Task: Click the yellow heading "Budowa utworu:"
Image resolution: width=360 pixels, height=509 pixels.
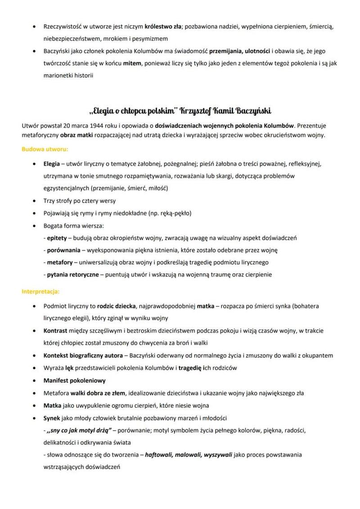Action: [45, 149]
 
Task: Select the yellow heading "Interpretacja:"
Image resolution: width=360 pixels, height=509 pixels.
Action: [40, 291]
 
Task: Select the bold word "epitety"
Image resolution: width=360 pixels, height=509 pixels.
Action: [57, 238]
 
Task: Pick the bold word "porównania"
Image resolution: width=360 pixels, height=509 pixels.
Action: [63, 250]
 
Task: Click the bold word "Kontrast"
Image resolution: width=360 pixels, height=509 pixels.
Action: [56, 331]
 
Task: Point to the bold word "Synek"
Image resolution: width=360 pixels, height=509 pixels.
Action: [53, 418]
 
